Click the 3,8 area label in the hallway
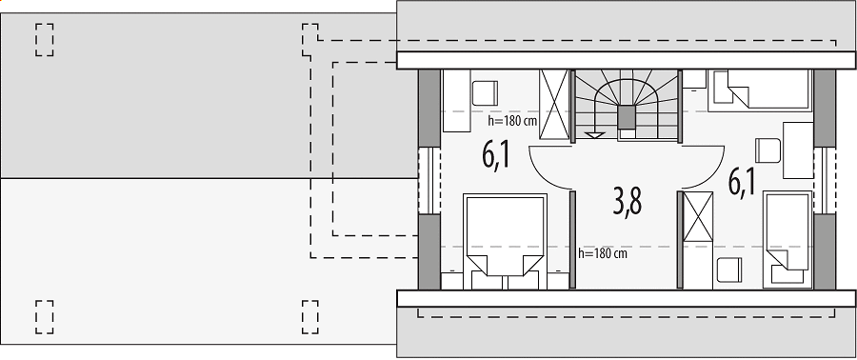[x=627, y=201]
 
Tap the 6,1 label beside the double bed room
[x=496, y=154]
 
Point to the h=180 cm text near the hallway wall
[x=603, y=253]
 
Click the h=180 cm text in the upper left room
[x=512, y=121]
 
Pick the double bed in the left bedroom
[x=505, y=241]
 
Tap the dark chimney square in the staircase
[x=627, y=116]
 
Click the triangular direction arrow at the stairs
[x=594, y=135]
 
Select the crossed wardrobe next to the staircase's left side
[x=554, y=105]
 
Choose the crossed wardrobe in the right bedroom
[x=698, y=216]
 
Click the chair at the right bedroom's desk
[x=767, y=150]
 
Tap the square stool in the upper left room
[x=485, y=93]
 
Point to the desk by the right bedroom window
[x=798, y=150]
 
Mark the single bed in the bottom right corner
[x=787, y=239]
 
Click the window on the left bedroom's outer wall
[x=429, y=180]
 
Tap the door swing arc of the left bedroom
[x=540, y=175]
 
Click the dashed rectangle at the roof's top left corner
[x=44, y=39]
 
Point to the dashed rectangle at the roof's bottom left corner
[x=44, y=317]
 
